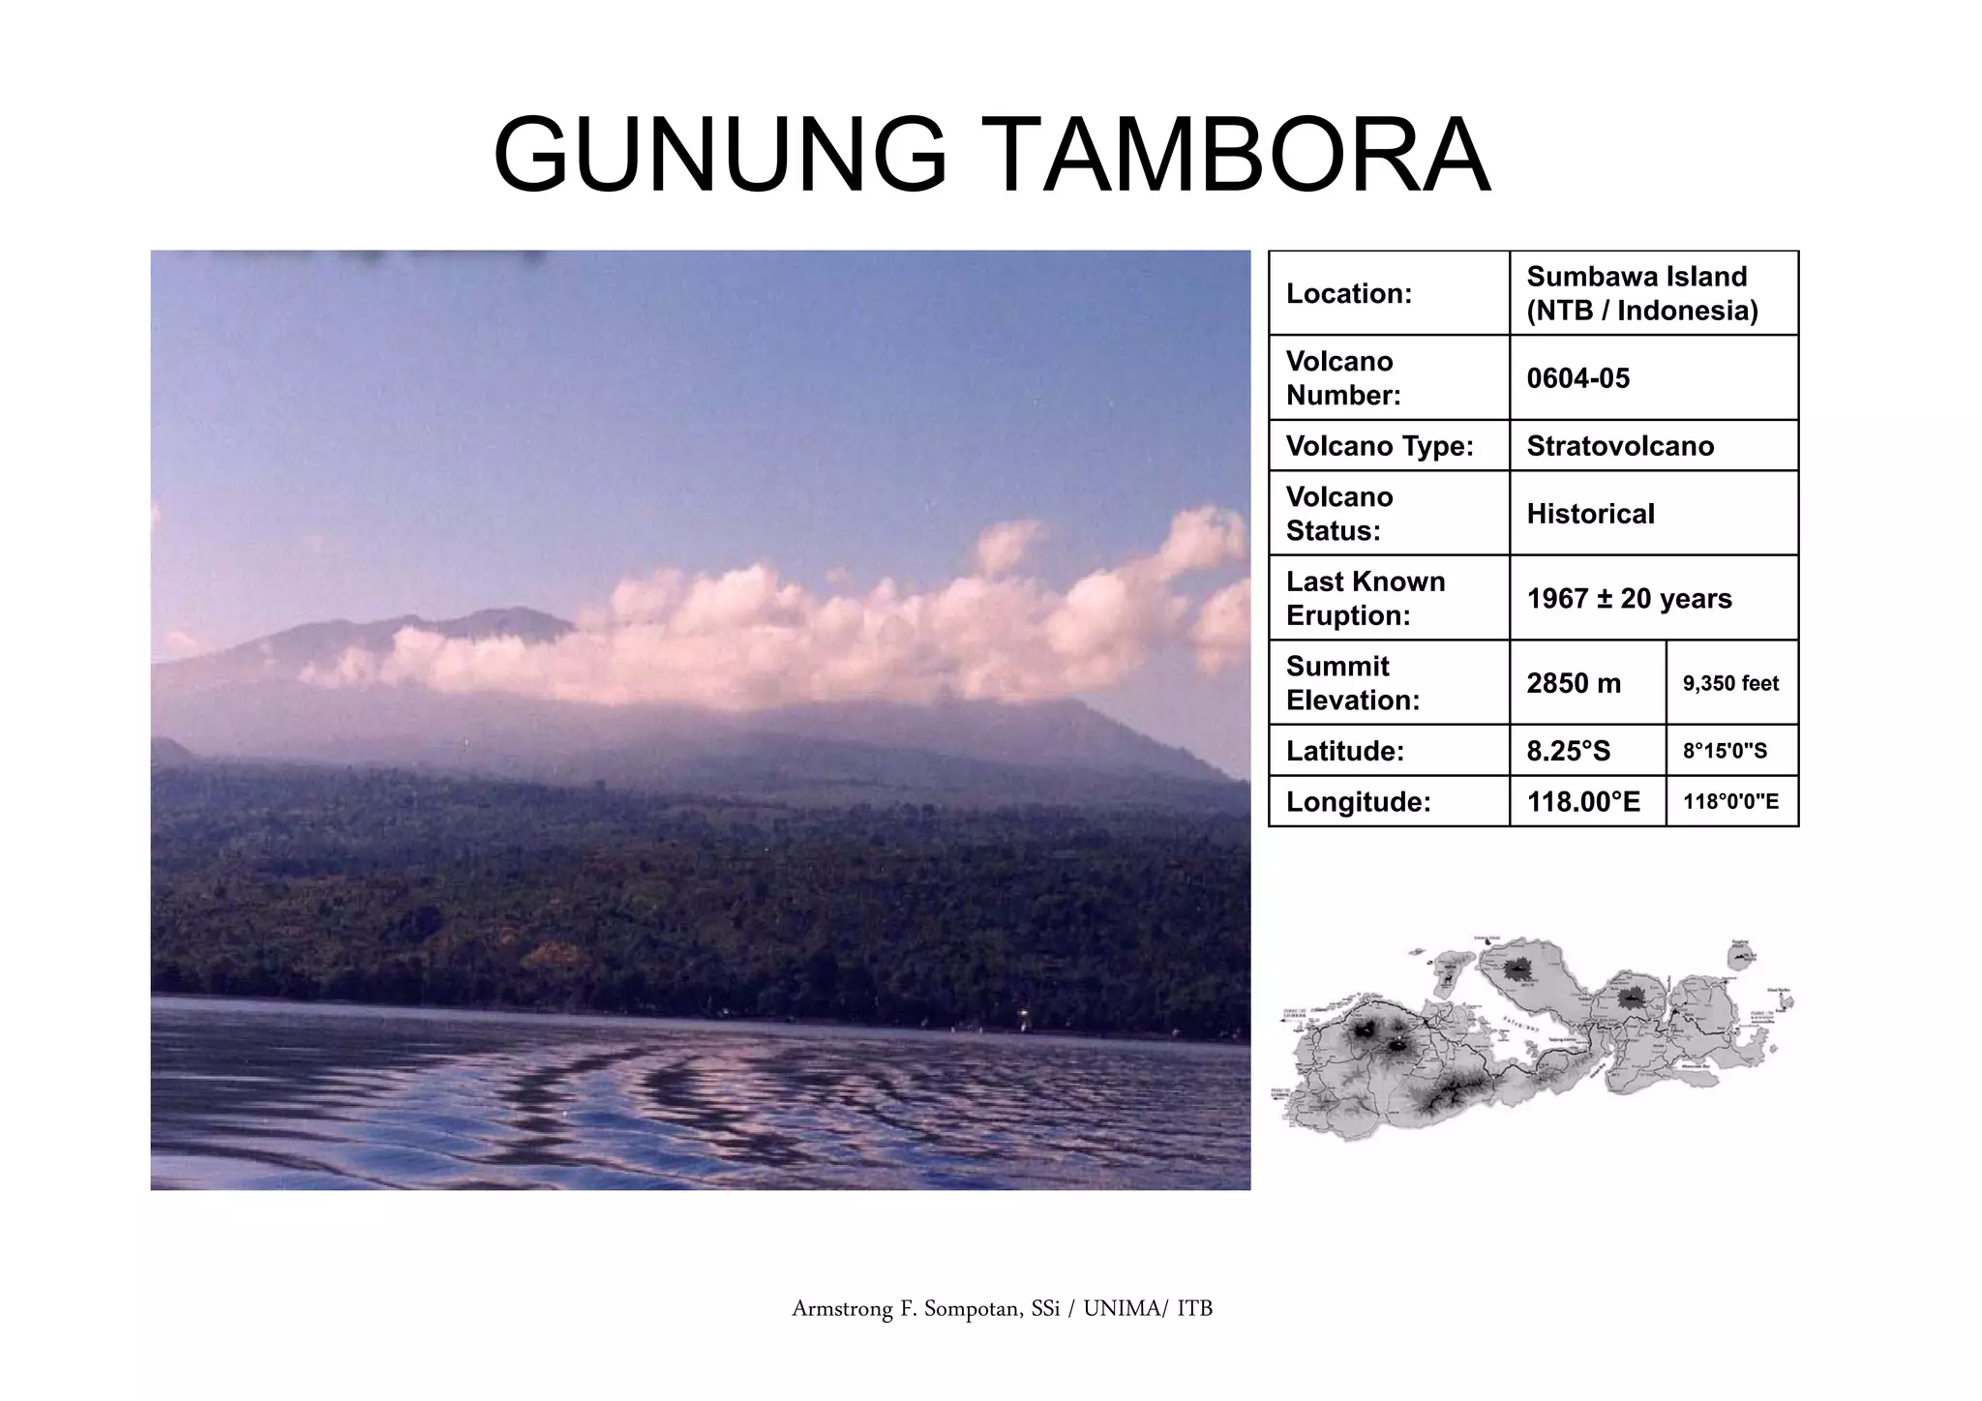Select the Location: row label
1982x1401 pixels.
1348,294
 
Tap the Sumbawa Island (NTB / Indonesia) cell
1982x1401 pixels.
1641,293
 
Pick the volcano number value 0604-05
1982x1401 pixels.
1577,378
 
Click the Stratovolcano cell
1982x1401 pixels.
1620,446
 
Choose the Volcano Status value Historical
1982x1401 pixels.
1590,514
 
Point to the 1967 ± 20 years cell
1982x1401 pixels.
1629,599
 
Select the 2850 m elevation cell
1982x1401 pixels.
1574,683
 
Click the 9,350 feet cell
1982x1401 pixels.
1730,683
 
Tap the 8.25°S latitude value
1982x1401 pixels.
1568,751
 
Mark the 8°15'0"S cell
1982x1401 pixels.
1725,751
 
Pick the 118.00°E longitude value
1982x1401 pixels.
1583,802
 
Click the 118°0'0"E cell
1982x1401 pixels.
1730,802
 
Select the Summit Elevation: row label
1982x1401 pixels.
1352,683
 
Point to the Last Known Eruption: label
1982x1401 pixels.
1365,599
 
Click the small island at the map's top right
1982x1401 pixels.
1742,956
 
